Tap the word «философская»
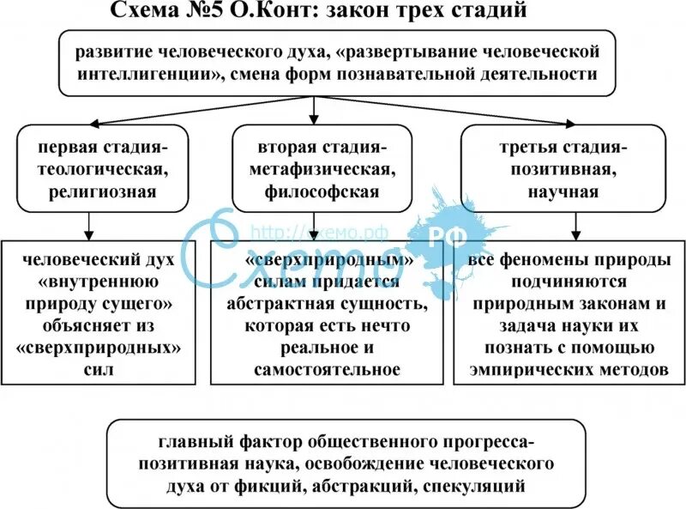(x=316, y=191)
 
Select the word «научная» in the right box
(x=563, y=191)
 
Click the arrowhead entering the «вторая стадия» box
(x=315, y=120)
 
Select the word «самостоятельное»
(x=327, y=370)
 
